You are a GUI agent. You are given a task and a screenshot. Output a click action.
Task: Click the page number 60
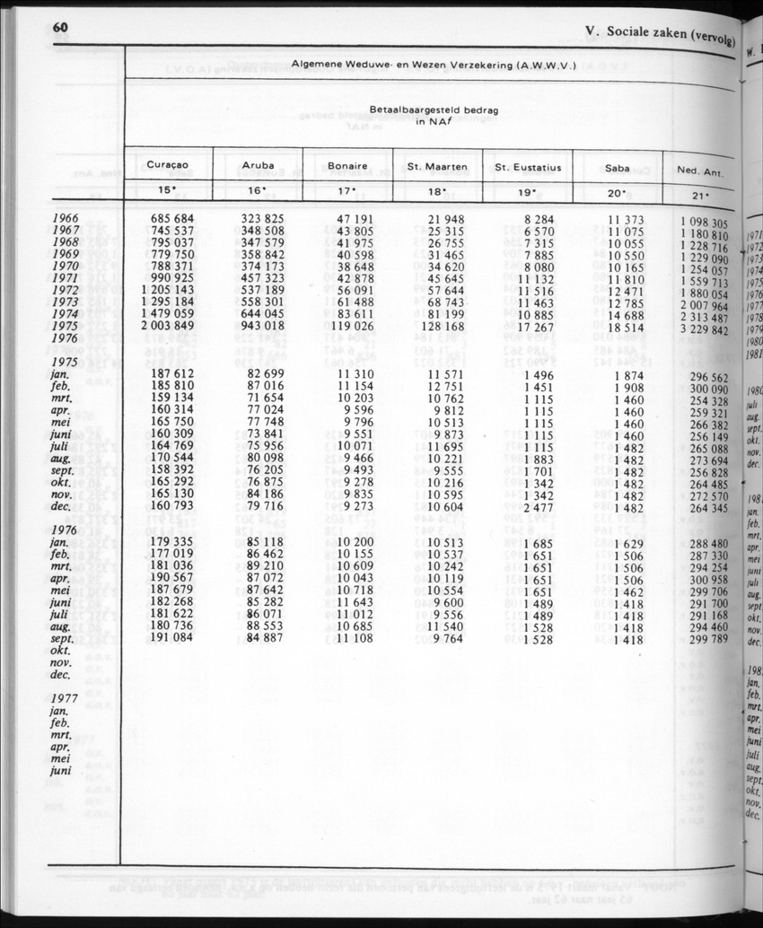point(61,27)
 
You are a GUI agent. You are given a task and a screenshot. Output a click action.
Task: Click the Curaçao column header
point(167,164)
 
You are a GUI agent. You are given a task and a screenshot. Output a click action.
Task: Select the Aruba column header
point(259,165)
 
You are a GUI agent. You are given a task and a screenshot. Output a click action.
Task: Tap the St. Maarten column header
point(437,166)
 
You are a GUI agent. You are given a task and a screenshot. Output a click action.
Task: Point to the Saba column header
point(617,167)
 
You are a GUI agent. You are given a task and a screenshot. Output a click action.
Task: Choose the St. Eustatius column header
point(528,167)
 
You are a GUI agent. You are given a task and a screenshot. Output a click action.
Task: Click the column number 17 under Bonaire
point(347,190)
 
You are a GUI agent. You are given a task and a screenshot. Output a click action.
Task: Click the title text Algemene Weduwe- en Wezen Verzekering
point(433,65)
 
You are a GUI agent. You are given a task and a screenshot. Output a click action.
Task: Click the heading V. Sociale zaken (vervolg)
point(658,34)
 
